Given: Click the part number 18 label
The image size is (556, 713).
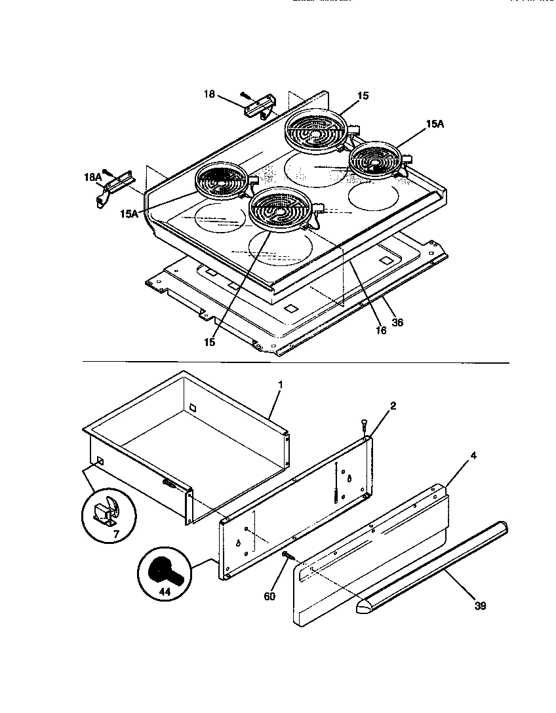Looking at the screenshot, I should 208,95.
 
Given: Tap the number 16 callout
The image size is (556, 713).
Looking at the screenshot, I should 380,330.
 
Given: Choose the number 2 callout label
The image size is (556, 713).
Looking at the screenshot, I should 392,406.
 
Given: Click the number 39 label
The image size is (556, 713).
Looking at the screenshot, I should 480,606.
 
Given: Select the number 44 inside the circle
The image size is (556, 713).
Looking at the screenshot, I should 163,591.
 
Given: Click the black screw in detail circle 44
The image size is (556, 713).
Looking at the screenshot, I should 163,568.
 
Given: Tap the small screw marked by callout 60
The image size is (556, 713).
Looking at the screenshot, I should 287,556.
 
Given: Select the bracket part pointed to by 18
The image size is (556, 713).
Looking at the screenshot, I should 260,105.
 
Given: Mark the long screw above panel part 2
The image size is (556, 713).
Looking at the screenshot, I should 364,427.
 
